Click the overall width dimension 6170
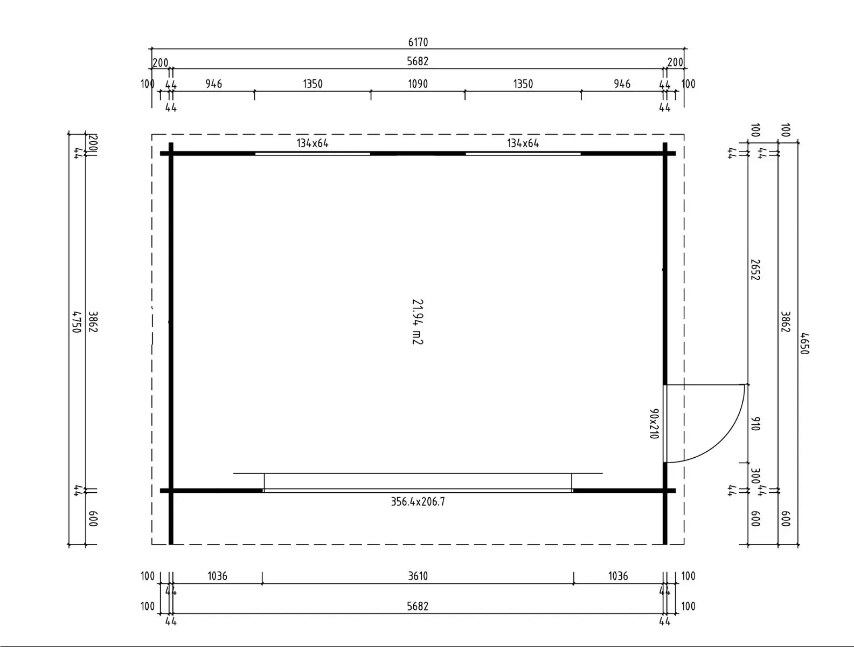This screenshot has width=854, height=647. (x=418, y=42)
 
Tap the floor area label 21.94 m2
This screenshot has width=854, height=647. (x=417, y=322)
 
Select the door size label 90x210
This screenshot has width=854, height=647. (x=654, y=424)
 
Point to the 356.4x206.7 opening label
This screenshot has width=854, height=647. (x=418, y=502)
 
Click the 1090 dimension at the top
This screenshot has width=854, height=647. (x=418, y=84)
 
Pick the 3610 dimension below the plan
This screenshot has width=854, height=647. (x=418, y=576)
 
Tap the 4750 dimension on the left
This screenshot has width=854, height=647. (x=76, y=322)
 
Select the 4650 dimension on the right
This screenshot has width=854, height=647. (x=804, y=343)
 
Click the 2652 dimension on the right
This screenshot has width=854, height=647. (x=755, y=270)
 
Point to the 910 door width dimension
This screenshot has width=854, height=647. (x=755, y=423)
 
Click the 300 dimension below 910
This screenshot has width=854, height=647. (x=755, y=476)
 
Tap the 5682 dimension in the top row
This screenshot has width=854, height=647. (x=418, y=61)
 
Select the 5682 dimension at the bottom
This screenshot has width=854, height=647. (x=418, y=606)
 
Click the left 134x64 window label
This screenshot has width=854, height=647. (x=313, y=143)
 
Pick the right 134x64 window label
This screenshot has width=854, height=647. (x=523, y=143)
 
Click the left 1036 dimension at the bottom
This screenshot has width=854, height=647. (x=217, y=576)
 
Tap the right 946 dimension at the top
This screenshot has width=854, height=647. (x=622, y=84)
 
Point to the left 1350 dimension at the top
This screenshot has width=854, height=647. (x=313, y=84)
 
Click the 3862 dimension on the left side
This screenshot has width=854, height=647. (x=92, y=322)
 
